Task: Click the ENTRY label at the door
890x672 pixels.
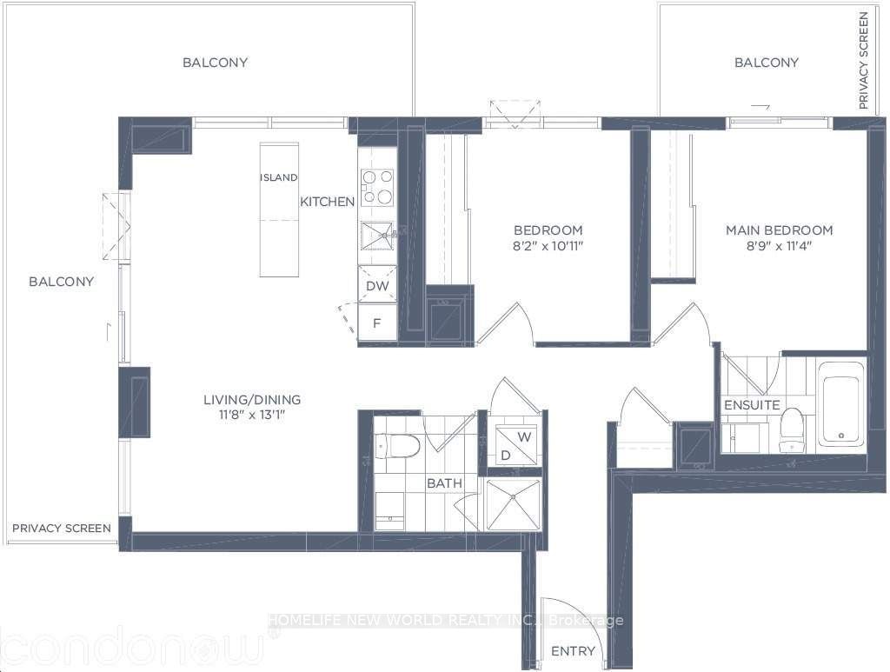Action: click(574, 651)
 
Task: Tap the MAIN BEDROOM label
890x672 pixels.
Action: click(780, 230)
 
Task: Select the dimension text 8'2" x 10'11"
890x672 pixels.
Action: click(548, 246)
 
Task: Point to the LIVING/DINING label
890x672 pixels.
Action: click(252, 400)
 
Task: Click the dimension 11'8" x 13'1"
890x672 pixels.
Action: click(252, 415)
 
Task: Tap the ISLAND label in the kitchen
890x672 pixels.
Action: click(279, 177)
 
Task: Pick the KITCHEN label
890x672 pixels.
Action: click(328, 202)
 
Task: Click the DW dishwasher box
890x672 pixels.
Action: click(377, 284)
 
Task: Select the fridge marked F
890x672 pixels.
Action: click(377, 322)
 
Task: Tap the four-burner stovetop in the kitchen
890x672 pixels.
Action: click(377, 187)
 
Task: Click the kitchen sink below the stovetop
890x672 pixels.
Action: click(377, 236)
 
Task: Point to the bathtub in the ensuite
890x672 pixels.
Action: click(841, 403)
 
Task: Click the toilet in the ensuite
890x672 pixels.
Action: click(791, 429)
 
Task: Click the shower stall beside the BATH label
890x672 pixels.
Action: click(513, 504)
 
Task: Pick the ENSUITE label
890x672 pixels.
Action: click(752, 404)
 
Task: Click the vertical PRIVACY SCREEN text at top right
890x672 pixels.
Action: click(863, 62)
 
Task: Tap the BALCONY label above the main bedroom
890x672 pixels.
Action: click(767, 63)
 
